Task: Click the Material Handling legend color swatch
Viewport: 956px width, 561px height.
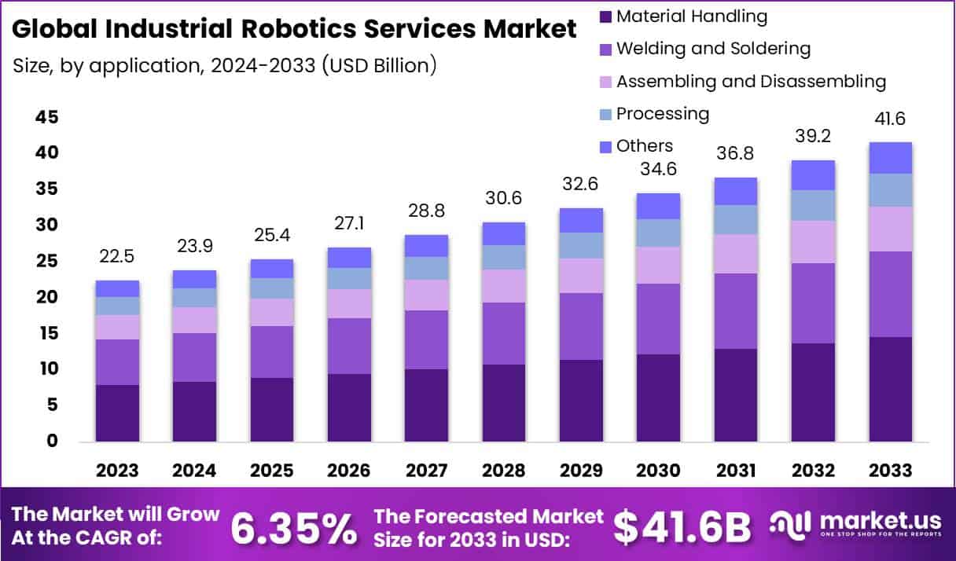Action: [x=604, y=16]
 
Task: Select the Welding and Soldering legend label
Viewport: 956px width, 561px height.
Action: [x=712, y=48]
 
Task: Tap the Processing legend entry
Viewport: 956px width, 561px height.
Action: [x=662, y=113]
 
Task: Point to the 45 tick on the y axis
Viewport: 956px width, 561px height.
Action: [x=46, y=117]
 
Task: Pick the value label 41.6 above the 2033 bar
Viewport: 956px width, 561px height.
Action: [x=890, y=119]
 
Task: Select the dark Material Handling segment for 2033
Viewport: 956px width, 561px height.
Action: [x=890, y=389]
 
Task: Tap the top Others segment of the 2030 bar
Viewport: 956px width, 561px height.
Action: [x=658, y=206]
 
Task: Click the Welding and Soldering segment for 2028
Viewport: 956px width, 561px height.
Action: [x=504, y=333]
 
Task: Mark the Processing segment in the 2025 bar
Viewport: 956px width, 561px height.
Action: [x=272, y=288]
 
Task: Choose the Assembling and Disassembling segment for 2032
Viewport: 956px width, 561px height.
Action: [x=813, y=242]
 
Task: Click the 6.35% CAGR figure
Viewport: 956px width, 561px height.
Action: [x=293, y=528]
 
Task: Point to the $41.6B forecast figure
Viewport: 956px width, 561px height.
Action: [x=682, y=528]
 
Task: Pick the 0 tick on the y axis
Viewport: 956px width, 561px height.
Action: [x=52, y=441]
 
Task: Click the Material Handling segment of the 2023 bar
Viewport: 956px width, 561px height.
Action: [x=117, y=412]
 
